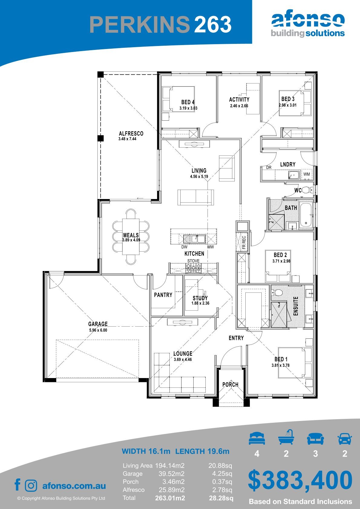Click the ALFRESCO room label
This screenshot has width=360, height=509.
(131, 133)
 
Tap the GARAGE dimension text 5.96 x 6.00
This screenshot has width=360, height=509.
(98, 330)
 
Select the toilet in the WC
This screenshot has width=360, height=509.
(307, 190)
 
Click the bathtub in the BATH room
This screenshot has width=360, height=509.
(306, 215)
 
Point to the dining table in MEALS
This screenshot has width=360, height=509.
(131, 237)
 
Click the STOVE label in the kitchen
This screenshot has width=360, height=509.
(193, 261)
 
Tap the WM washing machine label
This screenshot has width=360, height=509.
(306, 174)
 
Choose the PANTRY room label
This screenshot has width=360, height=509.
(163, 295)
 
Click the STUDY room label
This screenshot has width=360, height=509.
(200, 298)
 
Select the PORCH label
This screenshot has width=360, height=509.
(230, 384)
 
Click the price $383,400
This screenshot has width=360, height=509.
(300, 480)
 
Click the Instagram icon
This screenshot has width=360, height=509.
(31, 486)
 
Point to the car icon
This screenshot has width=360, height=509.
(345, 439)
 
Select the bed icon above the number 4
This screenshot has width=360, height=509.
(257, 438)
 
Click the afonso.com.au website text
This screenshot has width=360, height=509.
(74, 486)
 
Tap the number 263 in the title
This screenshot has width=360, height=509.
(213, 24)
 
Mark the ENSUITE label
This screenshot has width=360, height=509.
(296, 306)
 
